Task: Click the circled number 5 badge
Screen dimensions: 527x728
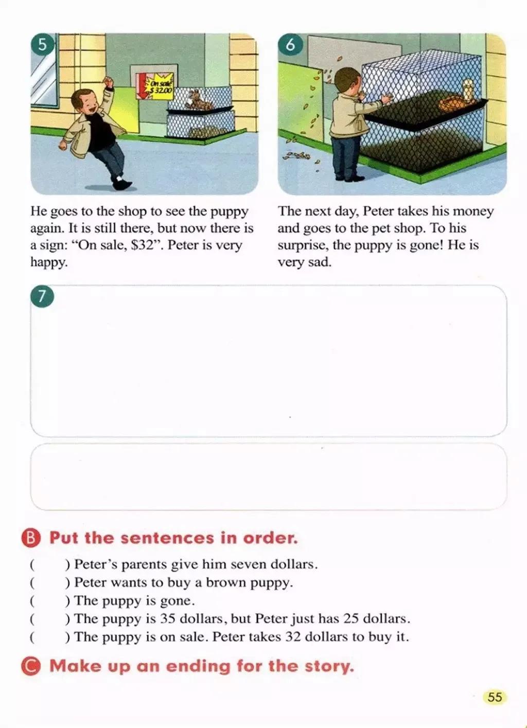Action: point(42,45)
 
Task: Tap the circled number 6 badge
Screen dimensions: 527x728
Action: point(290,45)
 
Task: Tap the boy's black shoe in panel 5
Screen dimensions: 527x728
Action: point(123,185)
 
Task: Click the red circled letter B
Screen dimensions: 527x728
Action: point(31,538)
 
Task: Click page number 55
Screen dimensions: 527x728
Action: point(495,698)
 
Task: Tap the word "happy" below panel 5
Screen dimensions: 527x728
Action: point(49,262)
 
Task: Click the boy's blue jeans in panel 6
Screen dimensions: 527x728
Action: point(345,156)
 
